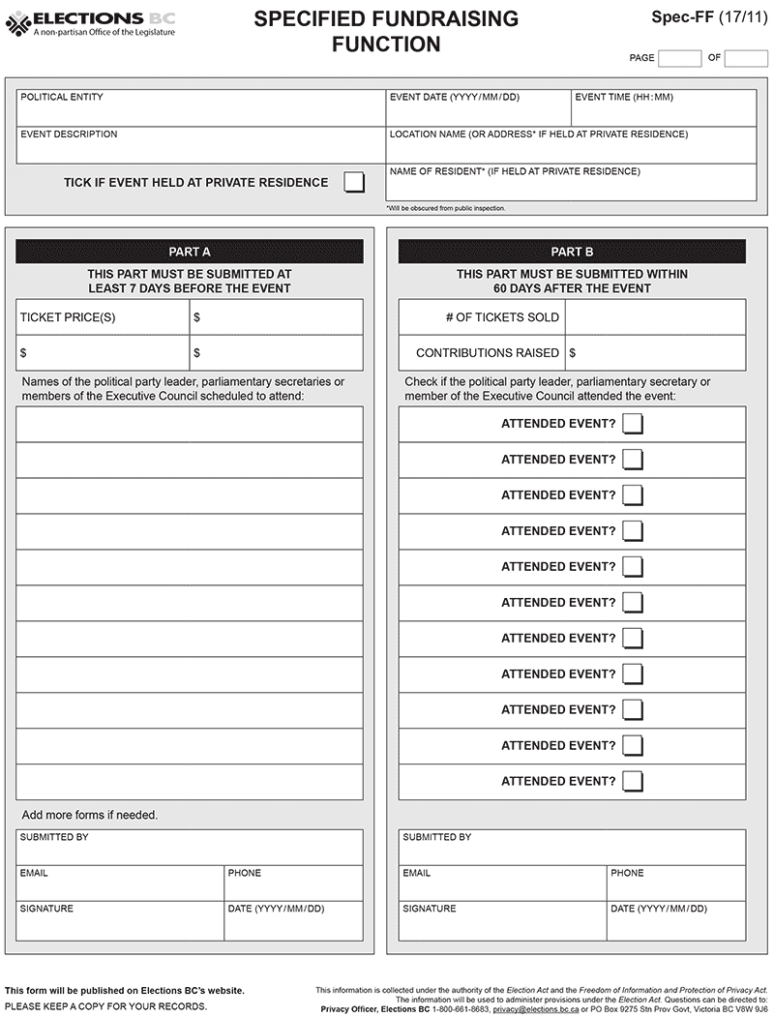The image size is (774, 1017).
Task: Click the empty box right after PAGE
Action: [x=679, y=58]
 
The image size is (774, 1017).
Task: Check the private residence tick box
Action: [x=354, y=182]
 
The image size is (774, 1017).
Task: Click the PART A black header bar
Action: [x=190, y=252]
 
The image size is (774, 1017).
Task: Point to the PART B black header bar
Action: [x=572, y=252]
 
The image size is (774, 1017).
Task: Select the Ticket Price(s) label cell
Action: [x=103, y=317]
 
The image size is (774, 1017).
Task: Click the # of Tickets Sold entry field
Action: [x=655, y=317]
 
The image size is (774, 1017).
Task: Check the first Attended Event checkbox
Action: [x=633, y=424]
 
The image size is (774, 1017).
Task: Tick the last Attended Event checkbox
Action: [x=633, y=781]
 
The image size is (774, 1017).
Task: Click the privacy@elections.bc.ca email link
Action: [x=535, y=1008]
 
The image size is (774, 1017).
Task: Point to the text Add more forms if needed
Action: [x=90, y=815]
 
